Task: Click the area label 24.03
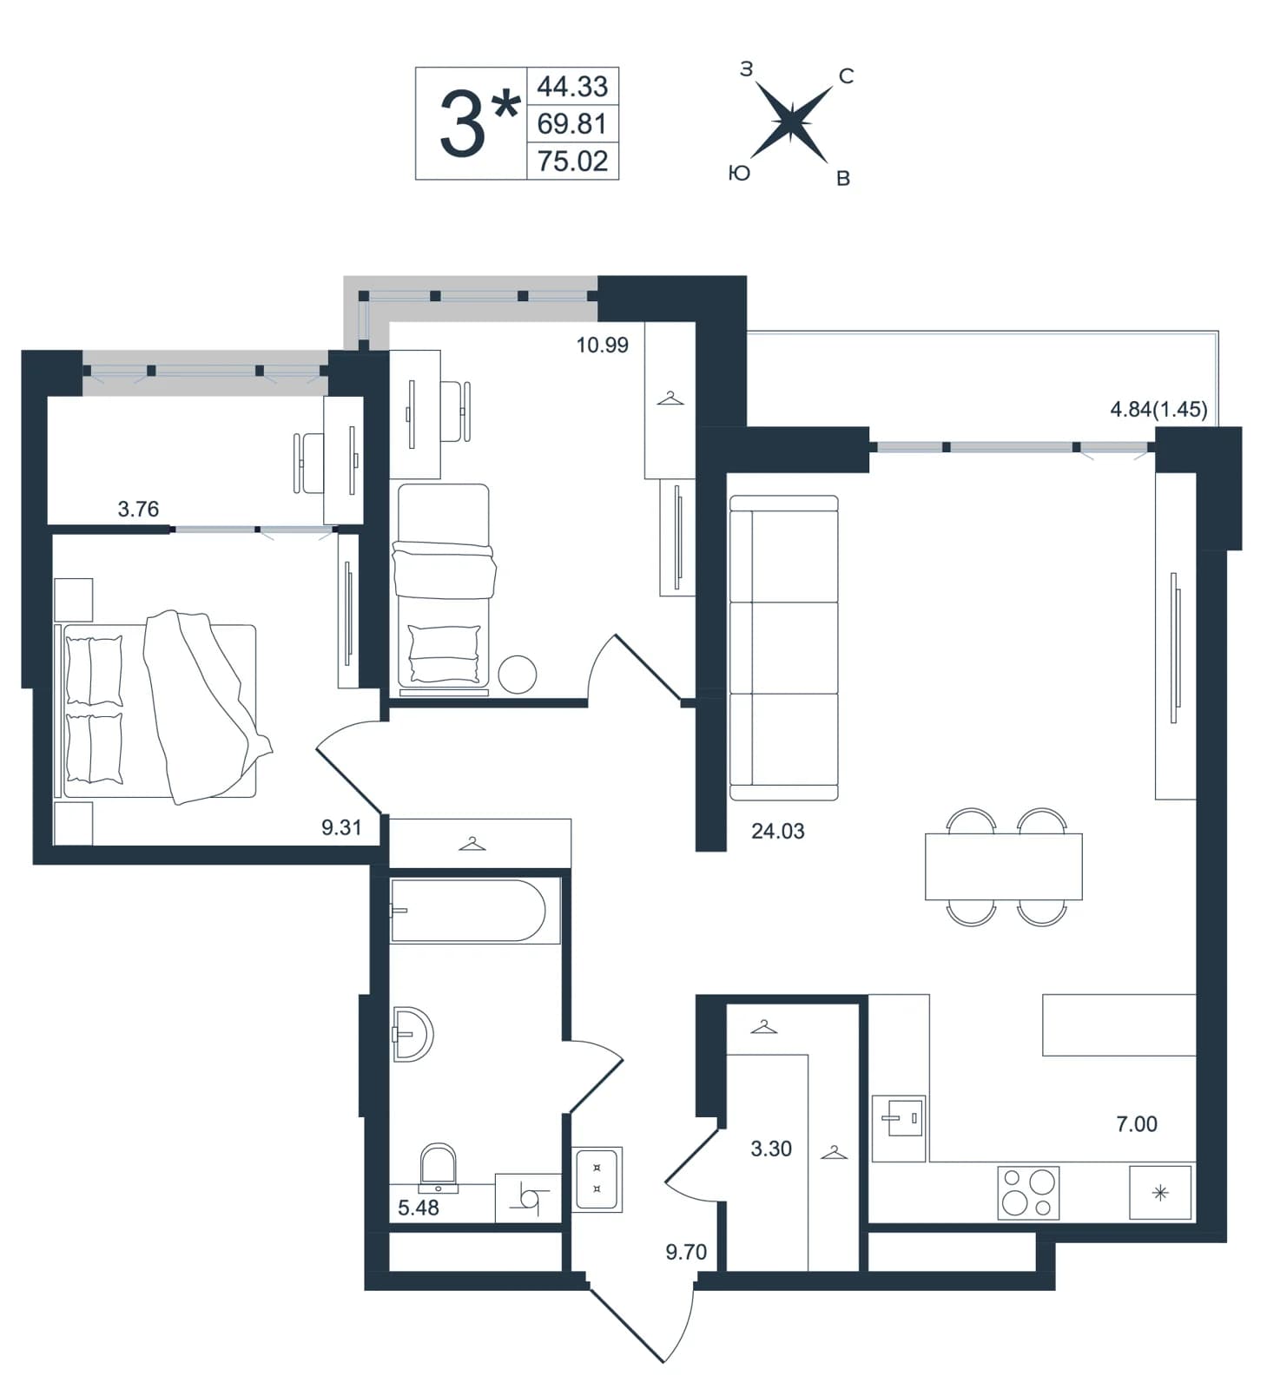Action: (x=777, y=831)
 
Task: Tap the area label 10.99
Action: (x=602, y=345)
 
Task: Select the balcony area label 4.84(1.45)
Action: (x=1158, y=409)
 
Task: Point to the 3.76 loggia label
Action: (x=138, y=509)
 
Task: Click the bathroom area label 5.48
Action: (x=419, y=1207)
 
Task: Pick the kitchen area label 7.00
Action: (x=1137, y=1123)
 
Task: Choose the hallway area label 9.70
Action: (x=686, y=1252)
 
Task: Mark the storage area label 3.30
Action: (x=771, y=1149)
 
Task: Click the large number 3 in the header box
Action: (x=461, y=124)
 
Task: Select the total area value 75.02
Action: (x=572, y=161)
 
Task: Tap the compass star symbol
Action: (x=791, y=122)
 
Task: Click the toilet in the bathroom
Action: (x=439, y=1168)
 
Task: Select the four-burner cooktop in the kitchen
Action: (x=1028, y=1192)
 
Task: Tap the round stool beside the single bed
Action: (x=517, y=674)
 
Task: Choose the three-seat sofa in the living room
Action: (x=783, y=648)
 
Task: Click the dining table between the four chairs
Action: (x=1004, y=866)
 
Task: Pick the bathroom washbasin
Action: (x=412, y=1034)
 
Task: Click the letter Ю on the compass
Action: (x=739, y=174)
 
